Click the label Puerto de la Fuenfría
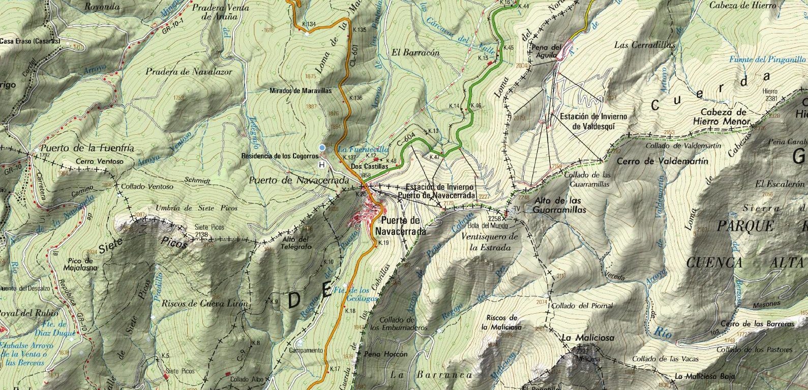click(x=87, y=148)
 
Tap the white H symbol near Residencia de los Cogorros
click(x=321, y=164)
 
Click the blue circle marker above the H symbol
click(x=321, y=148)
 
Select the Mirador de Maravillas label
click(x=301, y=91)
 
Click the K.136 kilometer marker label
click(x=355, y=98)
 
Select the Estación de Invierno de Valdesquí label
click(x=593, y=121)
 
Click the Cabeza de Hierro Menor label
click(x=722, y=117)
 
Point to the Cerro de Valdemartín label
click(x=662, y=161)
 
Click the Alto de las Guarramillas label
click(x=560, y=205)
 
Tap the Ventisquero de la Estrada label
click(x=490, y=242)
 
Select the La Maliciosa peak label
click(x=588, y=338)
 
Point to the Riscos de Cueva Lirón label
click(x=204, y=304)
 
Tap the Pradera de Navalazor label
click(x=189, y=72)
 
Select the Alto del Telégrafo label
click(x=296, y=242)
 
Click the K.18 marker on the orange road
click(x=350, y=311)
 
